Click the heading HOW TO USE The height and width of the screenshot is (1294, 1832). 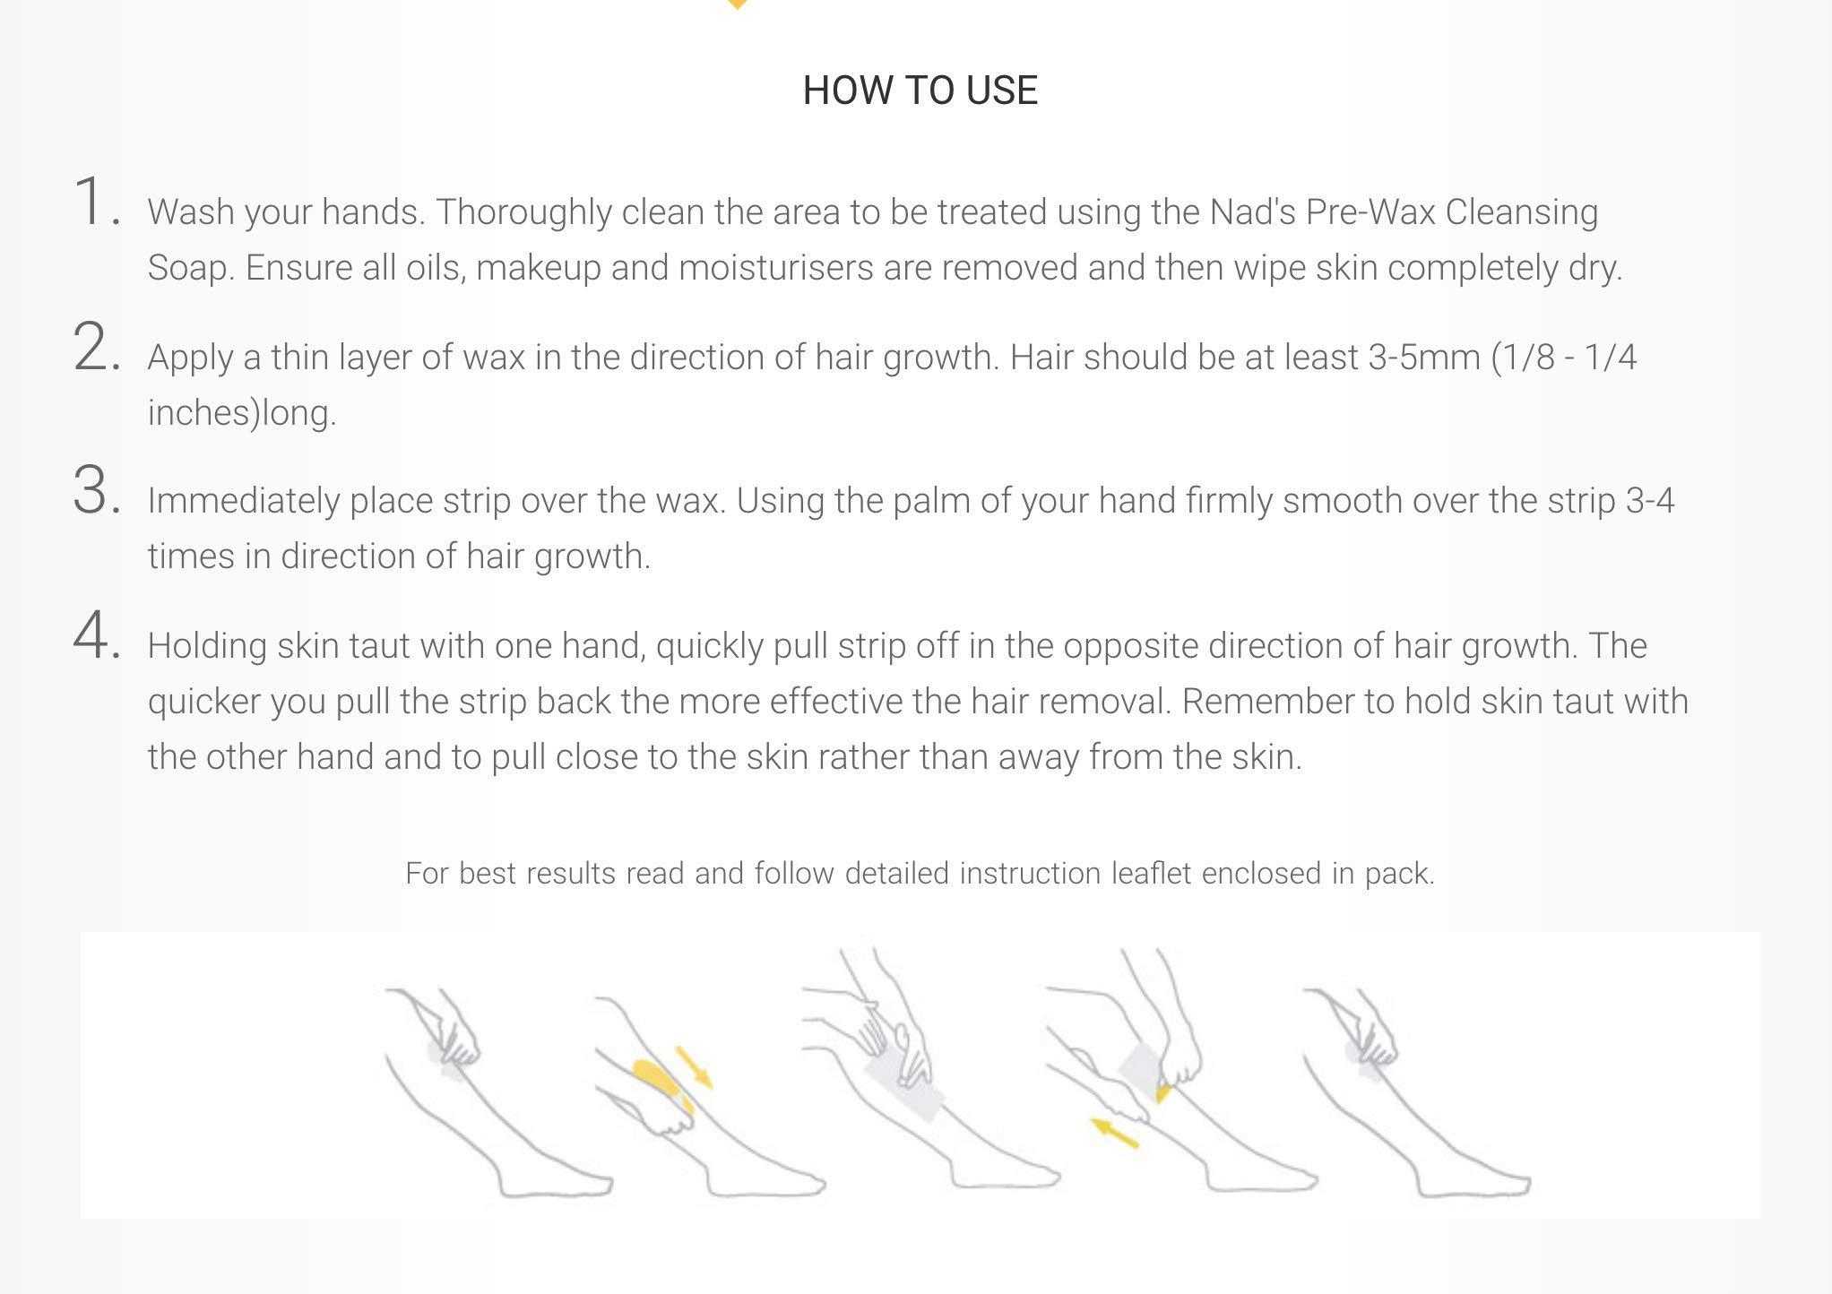pos(920,91)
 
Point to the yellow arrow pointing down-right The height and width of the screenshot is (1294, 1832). pos(694,1067)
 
